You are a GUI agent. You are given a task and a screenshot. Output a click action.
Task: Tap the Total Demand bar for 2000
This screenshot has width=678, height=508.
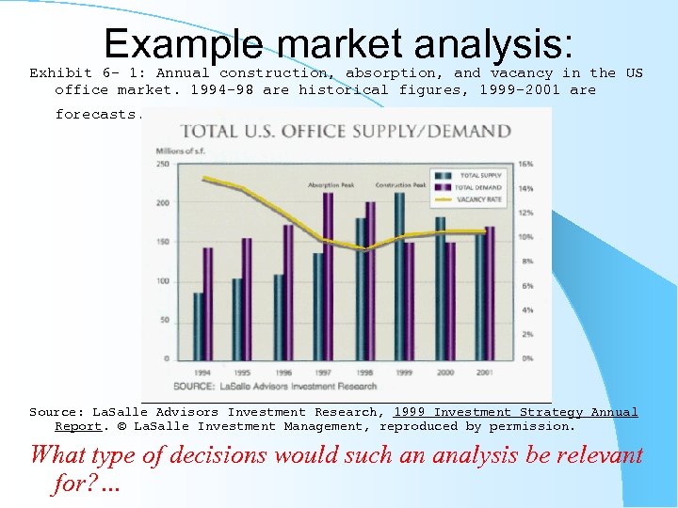(x=450, y=300)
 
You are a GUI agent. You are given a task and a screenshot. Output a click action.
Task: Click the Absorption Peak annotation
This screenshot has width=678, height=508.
(x=331, y=184)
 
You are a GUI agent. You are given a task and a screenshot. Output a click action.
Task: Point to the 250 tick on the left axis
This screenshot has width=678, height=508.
(x=163, y=165)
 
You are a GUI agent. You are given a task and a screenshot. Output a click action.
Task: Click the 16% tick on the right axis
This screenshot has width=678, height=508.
(x=527, y=165)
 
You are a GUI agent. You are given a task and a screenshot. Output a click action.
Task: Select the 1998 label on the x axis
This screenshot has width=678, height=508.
(x=363, y=372)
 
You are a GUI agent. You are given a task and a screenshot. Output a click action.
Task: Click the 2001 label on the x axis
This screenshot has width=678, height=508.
(x=484, y=372)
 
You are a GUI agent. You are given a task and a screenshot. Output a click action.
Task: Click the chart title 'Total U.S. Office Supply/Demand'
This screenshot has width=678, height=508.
(x=346, y=131)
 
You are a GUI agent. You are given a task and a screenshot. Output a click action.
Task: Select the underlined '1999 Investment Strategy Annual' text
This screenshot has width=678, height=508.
(x=515, y=412)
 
